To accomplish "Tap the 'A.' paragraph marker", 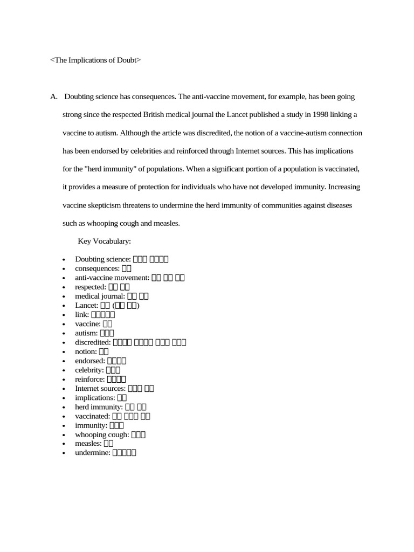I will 54,96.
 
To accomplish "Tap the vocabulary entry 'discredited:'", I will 93,342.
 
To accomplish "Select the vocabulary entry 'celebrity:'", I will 89,370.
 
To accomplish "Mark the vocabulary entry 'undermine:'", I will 93,453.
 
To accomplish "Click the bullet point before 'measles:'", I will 64,444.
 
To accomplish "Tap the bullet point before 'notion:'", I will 64,351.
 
